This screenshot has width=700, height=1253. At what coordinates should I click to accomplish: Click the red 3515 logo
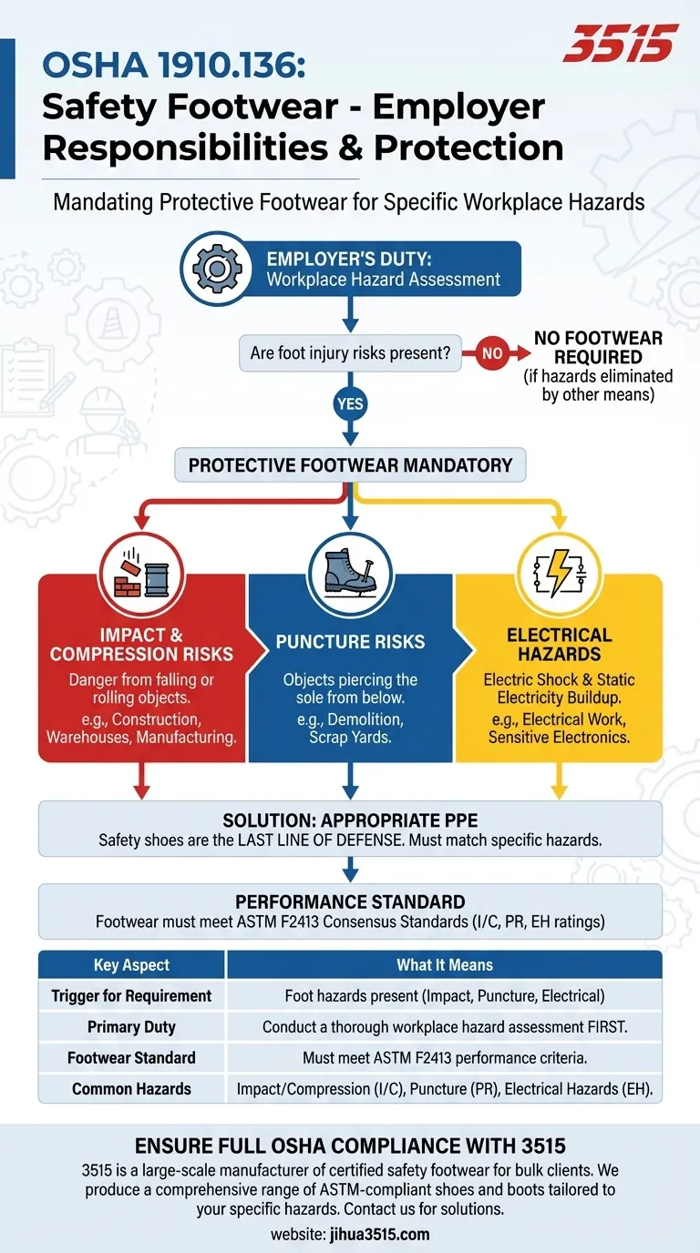[x=621, y=43]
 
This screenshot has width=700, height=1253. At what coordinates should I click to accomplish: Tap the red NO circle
[x=491, y=353]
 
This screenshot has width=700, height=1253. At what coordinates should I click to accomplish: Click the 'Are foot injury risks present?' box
[x=350, y=353]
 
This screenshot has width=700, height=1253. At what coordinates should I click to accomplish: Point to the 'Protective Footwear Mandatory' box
[x=350, y=465]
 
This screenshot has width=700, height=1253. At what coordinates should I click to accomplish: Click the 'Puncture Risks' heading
[x=350, y=642]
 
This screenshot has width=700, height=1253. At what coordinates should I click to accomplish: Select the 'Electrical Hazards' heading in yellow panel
[x=559, y=644]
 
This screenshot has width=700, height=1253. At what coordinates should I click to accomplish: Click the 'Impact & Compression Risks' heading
[x=141, y=644]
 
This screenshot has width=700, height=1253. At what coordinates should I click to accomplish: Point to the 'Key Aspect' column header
[x=131, y=965]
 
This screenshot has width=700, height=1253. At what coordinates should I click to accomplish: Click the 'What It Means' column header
[x=444, y=965]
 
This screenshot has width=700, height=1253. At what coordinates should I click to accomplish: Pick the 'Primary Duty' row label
[x=131, y=1026]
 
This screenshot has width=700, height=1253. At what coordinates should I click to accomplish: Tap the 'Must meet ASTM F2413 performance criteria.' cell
[x=444, y=1058]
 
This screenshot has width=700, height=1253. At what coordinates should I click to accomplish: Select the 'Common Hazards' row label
[x=131, y=1088]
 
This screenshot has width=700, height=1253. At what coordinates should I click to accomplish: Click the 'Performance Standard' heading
[x=350, y=902]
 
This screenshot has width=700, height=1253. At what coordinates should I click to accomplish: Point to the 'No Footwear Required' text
[x=598, y=347]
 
